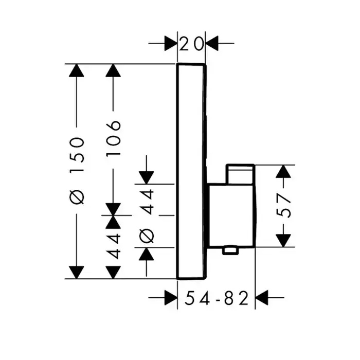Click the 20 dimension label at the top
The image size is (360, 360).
click(191, 44)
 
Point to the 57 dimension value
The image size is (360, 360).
click(287, 205)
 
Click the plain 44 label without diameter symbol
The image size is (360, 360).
click(114, 246)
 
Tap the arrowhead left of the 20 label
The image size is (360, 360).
click(171, 43)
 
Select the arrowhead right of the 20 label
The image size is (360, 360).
click(212, 43)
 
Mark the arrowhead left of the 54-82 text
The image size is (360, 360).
click(171, 297)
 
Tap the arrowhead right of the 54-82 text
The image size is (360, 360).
click(262, 297)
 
